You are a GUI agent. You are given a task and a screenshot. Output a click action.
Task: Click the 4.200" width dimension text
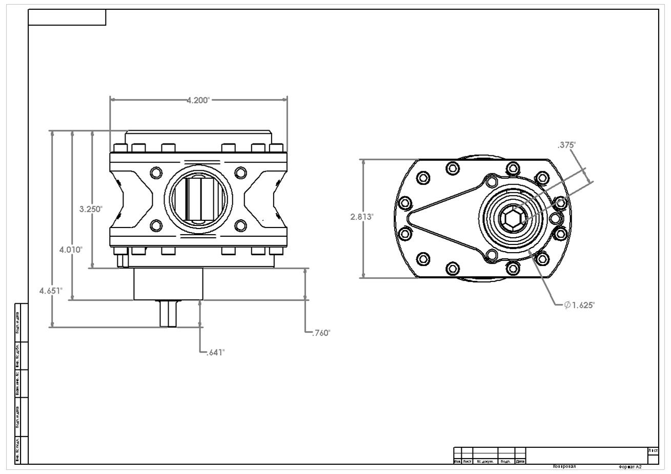(198, 100)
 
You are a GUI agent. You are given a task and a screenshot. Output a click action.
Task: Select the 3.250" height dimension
(91, 209)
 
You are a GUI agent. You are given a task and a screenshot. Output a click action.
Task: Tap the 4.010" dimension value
(71, 250)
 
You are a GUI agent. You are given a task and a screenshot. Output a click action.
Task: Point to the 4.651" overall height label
(51, 291)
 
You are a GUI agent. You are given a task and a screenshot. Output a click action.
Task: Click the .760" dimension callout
(321, 333)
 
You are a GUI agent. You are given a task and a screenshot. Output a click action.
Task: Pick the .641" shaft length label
(215, 353)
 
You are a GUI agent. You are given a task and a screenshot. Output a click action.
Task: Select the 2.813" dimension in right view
(362, 217)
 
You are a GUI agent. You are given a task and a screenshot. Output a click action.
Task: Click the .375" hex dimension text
(566, 145)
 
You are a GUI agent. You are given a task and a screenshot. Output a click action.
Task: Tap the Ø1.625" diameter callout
(579, 305)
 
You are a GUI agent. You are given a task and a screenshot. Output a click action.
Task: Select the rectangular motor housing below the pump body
(168, 284)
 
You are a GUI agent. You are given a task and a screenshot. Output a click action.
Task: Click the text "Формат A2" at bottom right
(630, 467)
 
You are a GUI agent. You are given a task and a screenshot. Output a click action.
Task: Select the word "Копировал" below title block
(564, 467)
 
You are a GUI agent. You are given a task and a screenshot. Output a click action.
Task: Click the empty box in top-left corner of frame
(67, 17)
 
